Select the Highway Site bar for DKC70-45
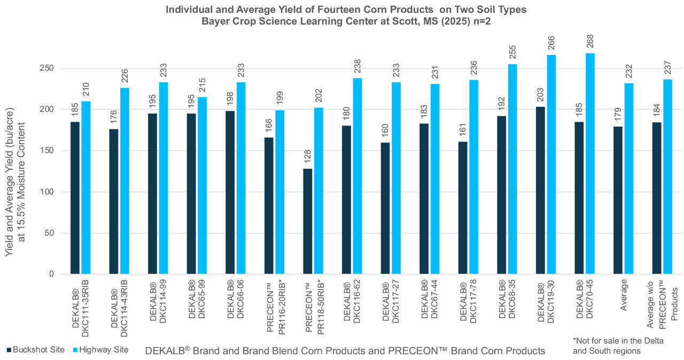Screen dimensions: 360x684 coord(590,163)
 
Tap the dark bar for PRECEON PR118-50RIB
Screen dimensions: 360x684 coord(308,221)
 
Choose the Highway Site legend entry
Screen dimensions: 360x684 coord(102,350)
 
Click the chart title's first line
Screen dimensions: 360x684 coord(342,9)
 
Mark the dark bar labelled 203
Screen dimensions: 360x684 coord(540,190)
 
